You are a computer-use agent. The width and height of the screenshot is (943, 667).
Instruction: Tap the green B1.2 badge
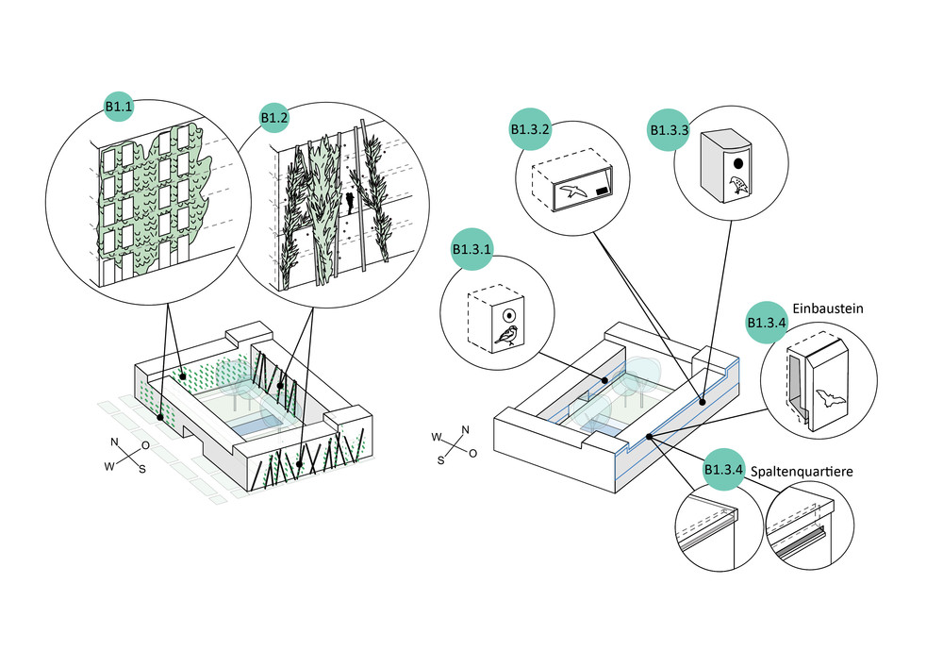pyautogui.click(x=273, y=119)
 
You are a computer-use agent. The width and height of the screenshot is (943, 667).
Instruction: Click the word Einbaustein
pyautogui.click(x=831, y=308)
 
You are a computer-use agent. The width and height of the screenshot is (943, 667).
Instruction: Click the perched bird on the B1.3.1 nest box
pyautogui.click(x=509, y=335)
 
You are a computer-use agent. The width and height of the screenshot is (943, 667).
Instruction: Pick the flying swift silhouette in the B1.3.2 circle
pyautogui.click(x=571, y=192)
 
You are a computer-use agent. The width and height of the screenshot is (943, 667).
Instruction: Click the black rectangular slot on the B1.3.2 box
pyautogui.click(x=601, y=190)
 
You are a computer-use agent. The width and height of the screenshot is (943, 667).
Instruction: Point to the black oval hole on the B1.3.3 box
pyautogui.click(x=737, y=161)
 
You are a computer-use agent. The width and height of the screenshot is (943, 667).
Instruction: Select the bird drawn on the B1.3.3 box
pyautogui.click(x=738, y=186)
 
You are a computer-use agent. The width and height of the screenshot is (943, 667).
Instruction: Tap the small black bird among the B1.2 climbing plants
pyautogui.click(x=349, y=201)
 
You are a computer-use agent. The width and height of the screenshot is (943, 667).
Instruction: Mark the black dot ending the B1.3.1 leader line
pyautogui.click(x=605, y=380)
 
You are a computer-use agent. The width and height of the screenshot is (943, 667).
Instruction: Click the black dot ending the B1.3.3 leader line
pyautogui.click(x=702, y=400)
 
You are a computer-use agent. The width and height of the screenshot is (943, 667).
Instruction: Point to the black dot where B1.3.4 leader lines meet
pyautogui.click(x=650, y=438)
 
